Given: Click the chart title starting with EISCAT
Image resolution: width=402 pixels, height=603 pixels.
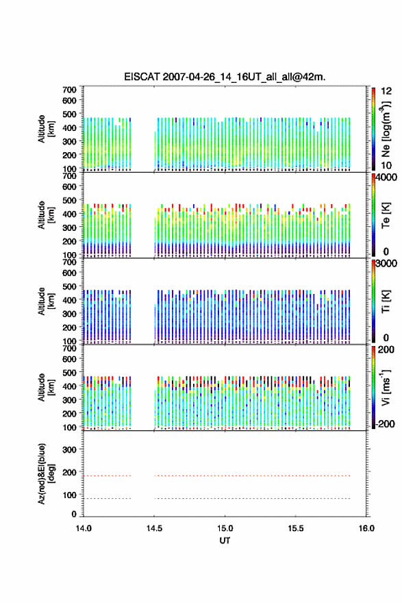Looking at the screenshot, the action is tap(225, 77).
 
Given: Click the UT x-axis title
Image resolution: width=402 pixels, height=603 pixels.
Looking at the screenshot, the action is tap(225, 541).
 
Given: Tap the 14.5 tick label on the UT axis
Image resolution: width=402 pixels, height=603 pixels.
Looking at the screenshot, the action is tap(154, 528).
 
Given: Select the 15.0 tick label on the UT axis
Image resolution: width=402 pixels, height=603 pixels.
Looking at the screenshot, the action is tap(225, 528).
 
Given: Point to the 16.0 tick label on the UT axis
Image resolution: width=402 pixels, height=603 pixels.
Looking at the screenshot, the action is tap(366, 528).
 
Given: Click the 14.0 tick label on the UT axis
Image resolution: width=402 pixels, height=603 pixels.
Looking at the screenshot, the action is tap(84, 528).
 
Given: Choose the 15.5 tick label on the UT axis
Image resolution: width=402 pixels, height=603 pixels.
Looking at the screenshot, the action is tap(296, 528).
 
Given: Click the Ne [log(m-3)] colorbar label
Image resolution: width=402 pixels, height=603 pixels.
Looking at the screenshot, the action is tap(386, 129).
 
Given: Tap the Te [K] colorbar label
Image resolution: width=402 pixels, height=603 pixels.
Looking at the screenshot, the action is tap(386, 215).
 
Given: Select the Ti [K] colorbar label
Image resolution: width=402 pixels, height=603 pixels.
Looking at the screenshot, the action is tap(386, 301).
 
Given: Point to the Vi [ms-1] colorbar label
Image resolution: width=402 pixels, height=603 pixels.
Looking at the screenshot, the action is tap(386, 387).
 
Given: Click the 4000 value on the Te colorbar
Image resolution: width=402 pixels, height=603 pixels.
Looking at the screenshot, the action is tap(386, 177).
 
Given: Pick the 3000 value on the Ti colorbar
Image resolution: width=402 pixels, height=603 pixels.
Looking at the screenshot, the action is tap(386, 264).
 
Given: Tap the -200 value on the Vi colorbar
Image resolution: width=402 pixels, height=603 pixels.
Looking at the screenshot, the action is tap(385, 423).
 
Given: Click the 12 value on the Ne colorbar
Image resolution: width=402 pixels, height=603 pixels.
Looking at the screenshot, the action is tap(386, 91).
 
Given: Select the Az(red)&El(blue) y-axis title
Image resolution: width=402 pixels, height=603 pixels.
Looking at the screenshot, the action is tap(46, 473).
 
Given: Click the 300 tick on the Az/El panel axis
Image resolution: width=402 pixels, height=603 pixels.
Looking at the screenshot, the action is tap(69, 450).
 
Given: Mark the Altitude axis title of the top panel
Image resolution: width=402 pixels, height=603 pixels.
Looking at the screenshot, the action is tap(46, 129).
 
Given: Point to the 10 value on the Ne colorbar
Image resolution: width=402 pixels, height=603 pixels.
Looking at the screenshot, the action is tap(386, 165).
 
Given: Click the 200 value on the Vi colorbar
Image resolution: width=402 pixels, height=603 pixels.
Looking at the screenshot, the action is tap(386, 349).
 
